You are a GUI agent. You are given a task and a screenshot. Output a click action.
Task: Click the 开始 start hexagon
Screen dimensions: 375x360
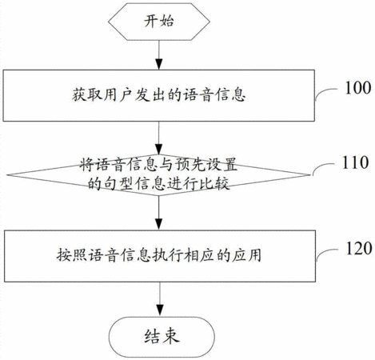click(x=159, y=22)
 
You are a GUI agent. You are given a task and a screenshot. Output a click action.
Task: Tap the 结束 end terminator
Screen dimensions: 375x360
click(x=162, y=337)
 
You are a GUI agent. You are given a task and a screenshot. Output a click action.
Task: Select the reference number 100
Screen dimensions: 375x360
click(x=358, y=87)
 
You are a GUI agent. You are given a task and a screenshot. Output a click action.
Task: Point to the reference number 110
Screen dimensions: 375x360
click(x=355, y=162)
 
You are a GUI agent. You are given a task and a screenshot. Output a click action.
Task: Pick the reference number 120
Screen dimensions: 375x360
click(x=359, y=248)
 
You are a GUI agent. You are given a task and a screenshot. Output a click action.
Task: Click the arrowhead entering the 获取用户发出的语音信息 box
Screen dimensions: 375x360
click(x=159, y=65)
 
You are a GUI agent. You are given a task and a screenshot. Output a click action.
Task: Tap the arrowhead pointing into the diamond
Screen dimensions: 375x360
click(x=159, y=150)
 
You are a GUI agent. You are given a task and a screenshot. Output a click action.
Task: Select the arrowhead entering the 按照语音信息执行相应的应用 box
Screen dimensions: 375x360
click(x=159, y=224)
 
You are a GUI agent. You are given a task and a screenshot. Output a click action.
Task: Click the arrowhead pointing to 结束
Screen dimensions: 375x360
click(x=160, y=310)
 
